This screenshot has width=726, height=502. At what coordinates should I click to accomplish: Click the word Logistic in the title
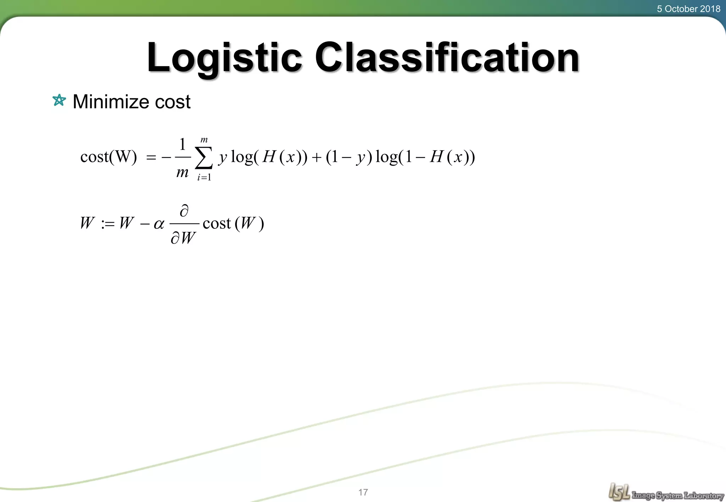click(224, 58)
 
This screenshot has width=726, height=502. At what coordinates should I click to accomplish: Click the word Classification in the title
click(447, 58)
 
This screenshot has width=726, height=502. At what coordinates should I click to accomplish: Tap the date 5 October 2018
click(688, 9)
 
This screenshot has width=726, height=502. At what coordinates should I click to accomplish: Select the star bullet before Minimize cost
click(59, 101)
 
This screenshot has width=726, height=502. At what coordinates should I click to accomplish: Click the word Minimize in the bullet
click(111, 102)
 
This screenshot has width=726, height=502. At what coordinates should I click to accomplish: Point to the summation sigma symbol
click(204, 158)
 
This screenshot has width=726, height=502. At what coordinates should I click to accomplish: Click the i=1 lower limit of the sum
click(204, 177)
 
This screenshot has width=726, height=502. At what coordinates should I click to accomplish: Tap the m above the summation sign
click(204, 140)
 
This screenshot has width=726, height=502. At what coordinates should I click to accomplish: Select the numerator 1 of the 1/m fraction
click(182, 144)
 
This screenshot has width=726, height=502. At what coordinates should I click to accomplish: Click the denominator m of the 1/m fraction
click(182, 172)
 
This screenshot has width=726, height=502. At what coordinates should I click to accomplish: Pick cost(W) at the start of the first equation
click(108, 157)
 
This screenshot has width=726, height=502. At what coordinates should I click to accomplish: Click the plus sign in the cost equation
click(316, 158)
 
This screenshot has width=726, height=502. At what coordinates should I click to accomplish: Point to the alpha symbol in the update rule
click(159, 224)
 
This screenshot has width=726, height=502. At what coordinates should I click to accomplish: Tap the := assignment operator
click(108, 224)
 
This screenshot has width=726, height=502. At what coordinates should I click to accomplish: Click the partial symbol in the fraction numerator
click(184, 211)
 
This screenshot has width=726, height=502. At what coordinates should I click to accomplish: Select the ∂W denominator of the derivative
click(183, 238)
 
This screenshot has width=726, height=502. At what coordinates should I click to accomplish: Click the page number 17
click(363, 492)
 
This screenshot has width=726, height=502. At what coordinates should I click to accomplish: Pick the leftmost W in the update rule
click(87, 223)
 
